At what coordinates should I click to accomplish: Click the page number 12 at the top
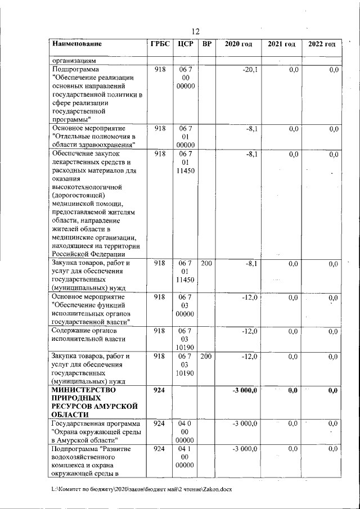pyautogui.click(x=196, y=31)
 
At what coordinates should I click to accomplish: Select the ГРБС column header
pyautogui.click(x=160, y=44)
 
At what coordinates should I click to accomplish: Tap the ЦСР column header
pyautogui.click(x=185, y=44)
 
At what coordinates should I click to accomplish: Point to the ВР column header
pyautogui.click(x=206, y=44)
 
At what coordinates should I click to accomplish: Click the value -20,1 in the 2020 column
pyautogui.click(x=249, y=69)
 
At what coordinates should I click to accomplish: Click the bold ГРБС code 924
pyautogui.click(x=160, y=390)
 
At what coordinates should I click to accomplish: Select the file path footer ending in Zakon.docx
pyautogui.click(x=141, y=489)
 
